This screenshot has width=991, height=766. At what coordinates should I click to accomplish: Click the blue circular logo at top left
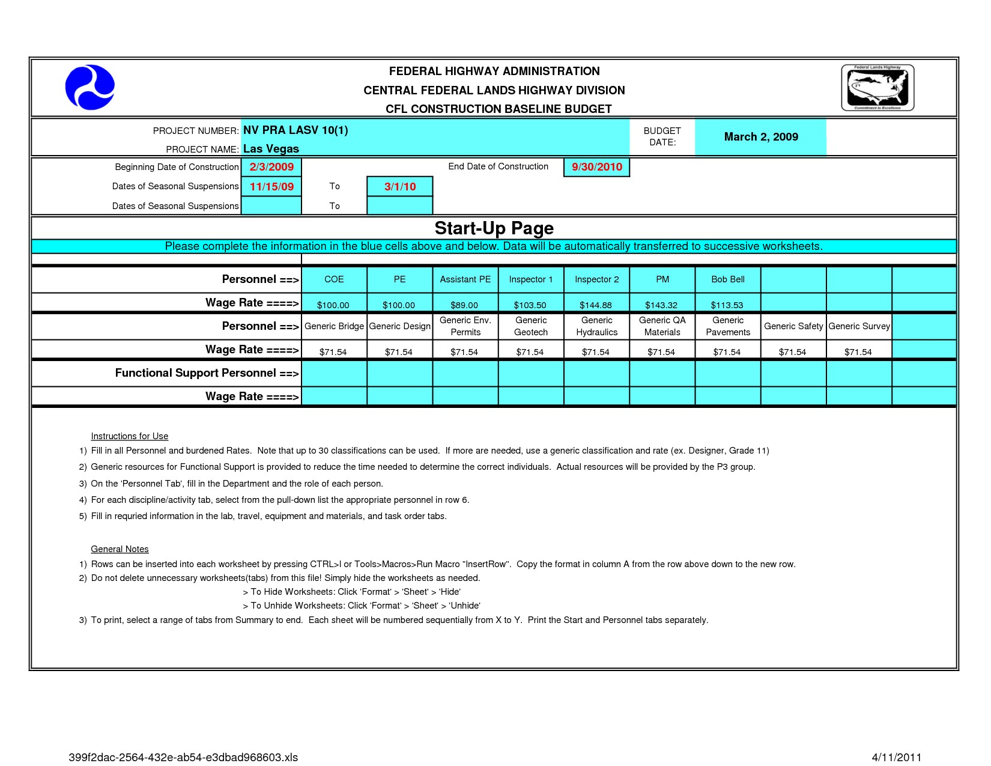pos(90,88)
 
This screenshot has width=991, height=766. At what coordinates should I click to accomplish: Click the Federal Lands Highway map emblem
pos(877,88)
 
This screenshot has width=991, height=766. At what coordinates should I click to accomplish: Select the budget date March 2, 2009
pos(760,137)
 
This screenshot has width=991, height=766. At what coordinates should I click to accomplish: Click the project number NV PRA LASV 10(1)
pos(295,130)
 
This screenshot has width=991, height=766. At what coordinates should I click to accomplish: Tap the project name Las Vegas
pos(271,149)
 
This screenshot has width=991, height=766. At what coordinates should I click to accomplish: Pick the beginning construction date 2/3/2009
pos(271,167)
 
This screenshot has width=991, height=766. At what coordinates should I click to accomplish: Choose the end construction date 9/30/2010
pos(596,167)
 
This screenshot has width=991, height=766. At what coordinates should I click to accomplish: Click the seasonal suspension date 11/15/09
pos(271,187)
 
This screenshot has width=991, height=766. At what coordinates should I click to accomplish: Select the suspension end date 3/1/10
pos(400,187)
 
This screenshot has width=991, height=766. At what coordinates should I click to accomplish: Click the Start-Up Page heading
pos(494,228)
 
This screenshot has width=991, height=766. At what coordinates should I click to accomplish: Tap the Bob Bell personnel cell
pos(727,279)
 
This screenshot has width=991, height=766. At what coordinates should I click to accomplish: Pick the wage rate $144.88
pos(595,305)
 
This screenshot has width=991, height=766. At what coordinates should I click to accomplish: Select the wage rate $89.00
pos(464,305)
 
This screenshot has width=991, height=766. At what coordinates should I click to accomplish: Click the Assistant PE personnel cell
pos(465,279)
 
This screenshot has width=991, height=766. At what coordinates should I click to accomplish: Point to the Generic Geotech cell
pos(531,326)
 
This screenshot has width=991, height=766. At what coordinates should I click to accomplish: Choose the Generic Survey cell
pos(859,326)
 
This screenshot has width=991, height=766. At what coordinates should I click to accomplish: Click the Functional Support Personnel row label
pos(207,373)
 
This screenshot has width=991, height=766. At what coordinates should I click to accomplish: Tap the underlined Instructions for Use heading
pos(129,436)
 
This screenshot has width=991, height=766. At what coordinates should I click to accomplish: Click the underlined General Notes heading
pos(120,549)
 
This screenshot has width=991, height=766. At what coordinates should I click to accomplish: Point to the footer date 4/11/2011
pos(896,758)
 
